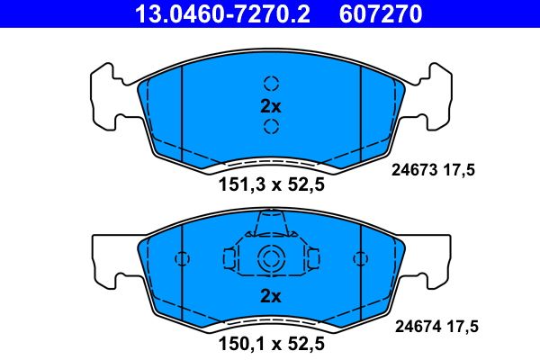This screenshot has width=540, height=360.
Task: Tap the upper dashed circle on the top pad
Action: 271,83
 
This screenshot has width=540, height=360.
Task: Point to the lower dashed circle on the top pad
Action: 271,126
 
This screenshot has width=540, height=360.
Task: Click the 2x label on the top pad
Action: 271,105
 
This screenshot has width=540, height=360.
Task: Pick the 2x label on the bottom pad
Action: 271,296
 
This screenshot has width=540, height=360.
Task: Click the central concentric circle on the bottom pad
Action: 271,259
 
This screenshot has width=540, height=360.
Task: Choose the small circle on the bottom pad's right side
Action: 360,259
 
